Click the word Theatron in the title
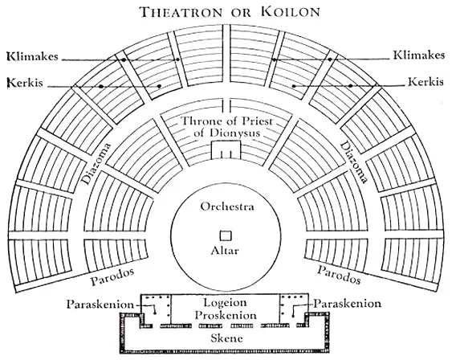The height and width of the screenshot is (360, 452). [x=181, y=12]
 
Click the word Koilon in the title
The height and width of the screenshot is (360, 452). [x=291, y=12]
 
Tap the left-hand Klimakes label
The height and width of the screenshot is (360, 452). [x=32, y=56]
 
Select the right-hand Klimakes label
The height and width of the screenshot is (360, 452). [x=419, y=55]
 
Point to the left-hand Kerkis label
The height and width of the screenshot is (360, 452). [x=25, y=83]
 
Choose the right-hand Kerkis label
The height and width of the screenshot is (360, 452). [x=426, y=82]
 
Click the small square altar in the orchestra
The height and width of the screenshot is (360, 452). [x=226, y=235]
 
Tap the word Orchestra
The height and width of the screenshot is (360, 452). [x=227, y=207]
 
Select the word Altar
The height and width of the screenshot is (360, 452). [x=225, y=251]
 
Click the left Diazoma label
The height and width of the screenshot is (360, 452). [x=96, y=163]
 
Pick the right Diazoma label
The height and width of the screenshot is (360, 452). [x=354, y=162]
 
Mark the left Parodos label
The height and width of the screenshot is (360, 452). [x=112, y=276]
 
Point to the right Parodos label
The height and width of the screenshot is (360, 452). [x=339, y=274]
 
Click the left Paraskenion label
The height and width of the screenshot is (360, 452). [x=100, y=305]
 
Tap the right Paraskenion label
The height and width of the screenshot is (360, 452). [x=348, y=304]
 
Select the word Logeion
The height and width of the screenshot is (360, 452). [x=225, y=303]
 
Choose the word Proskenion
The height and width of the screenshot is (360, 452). [x=226, y=315]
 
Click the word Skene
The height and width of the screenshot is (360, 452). [x=227, y=337]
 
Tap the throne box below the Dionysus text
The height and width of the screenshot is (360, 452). [x=226, y=149]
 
